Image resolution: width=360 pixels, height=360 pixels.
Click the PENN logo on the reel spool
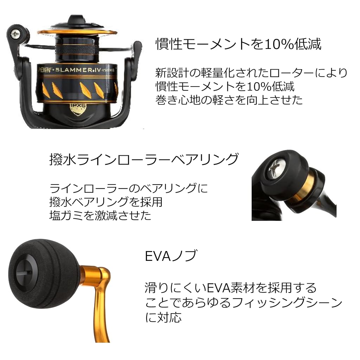(x=45, y=70)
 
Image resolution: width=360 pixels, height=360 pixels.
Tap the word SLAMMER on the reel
(x=74, y=70)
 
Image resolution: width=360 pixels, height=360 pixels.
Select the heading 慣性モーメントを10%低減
(x=238, y=44)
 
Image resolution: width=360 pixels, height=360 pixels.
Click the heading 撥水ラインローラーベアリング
(x=144, y=159)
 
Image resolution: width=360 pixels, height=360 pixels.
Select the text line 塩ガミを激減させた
(x=100, y=216)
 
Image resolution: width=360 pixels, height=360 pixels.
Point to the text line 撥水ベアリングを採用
(x=106, y=202)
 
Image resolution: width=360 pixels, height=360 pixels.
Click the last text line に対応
(x=163, y=317)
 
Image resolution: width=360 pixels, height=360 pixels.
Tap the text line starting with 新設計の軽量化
(x=251, y=73)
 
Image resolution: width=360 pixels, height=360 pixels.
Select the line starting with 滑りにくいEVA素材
(x=231, y=288)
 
